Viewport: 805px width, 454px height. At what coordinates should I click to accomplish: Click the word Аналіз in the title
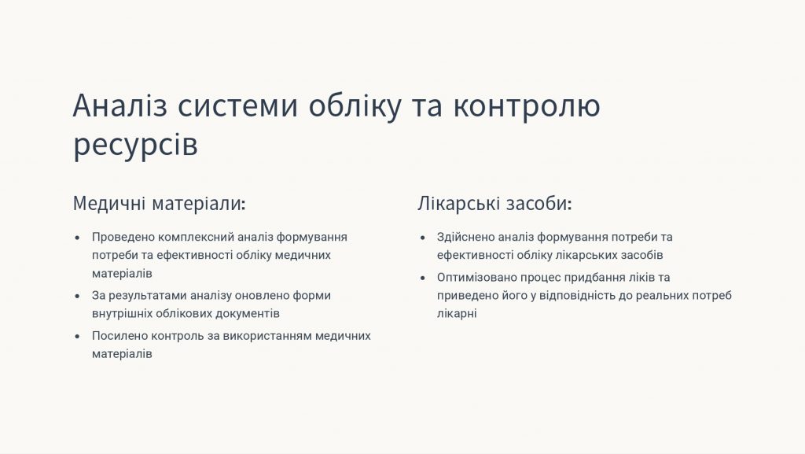point(120,105)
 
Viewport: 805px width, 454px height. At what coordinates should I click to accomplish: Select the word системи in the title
point(237,105)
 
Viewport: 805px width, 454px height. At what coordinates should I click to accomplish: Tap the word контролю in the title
point(526,106)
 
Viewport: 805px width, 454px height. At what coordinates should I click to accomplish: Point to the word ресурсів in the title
point(135,144)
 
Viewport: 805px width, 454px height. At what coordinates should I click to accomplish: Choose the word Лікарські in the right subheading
point(458,203)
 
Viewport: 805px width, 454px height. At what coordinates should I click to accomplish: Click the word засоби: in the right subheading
point(539,203)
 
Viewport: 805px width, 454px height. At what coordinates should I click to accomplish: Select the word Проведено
point(123,237)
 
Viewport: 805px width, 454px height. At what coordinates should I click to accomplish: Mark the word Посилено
point(119,336)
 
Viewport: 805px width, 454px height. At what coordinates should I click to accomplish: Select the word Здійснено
point(465,237)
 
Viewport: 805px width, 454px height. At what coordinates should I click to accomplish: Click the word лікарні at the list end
point(457,313)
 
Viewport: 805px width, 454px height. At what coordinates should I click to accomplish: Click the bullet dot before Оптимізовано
point(422,279)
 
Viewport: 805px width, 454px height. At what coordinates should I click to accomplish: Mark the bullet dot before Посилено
point(78,337)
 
